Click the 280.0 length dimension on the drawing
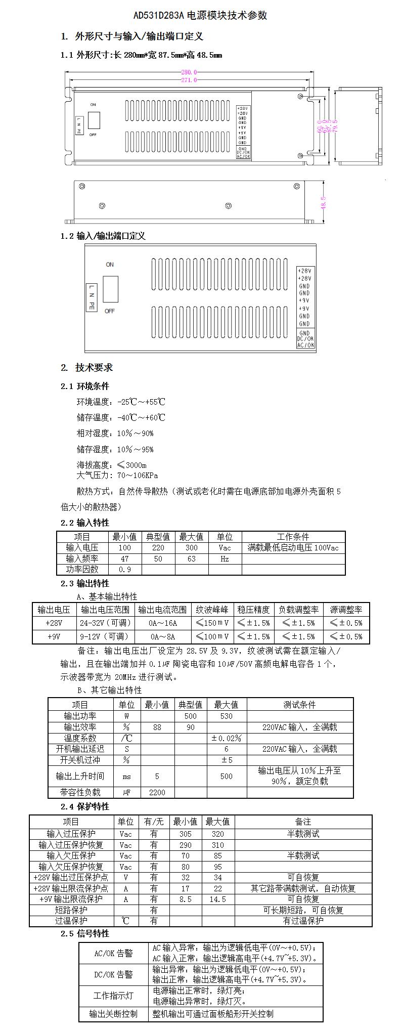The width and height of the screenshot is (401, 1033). [x=189, y=72]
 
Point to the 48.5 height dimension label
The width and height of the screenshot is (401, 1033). [x=323, y=202]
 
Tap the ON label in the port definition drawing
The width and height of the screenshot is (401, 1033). [x=110, y=265]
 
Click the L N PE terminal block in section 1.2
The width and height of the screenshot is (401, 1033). [x=92, y=297]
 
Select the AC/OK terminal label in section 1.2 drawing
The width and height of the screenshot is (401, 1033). [x=305, y=346]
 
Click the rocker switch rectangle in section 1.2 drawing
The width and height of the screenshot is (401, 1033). [x=111, y=289]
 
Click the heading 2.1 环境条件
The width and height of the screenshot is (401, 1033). [x=84, y=386]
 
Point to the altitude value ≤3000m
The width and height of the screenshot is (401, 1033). [x=132, y=465]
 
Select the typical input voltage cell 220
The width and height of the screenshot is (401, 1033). [x=158, y=548]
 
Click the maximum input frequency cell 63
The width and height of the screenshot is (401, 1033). [x=191, y=559]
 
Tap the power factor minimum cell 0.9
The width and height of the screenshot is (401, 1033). [x=124, y=570]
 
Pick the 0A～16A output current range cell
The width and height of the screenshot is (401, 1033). [x=163, y=623]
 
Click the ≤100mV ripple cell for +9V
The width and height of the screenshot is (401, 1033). [x=212, y=636]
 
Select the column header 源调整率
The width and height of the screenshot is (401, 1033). [x=346, y=610]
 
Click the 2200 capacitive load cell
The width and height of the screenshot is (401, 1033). [x=157, y=793]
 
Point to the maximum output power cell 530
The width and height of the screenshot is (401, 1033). [x=227, y=716]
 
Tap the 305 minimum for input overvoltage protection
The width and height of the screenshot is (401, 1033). [x=185, y=834]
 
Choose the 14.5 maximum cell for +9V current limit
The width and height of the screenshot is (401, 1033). [x=217, y=899]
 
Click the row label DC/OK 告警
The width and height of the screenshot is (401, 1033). [x=113, y=974]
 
